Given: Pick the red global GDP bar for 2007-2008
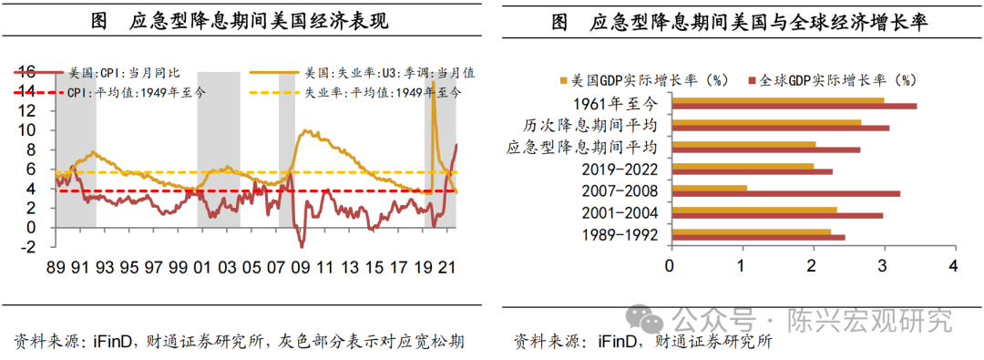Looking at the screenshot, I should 784,194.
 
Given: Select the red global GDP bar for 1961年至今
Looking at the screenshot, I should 793,107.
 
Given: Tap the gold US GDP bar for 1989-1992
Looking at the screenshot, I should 750,232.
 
